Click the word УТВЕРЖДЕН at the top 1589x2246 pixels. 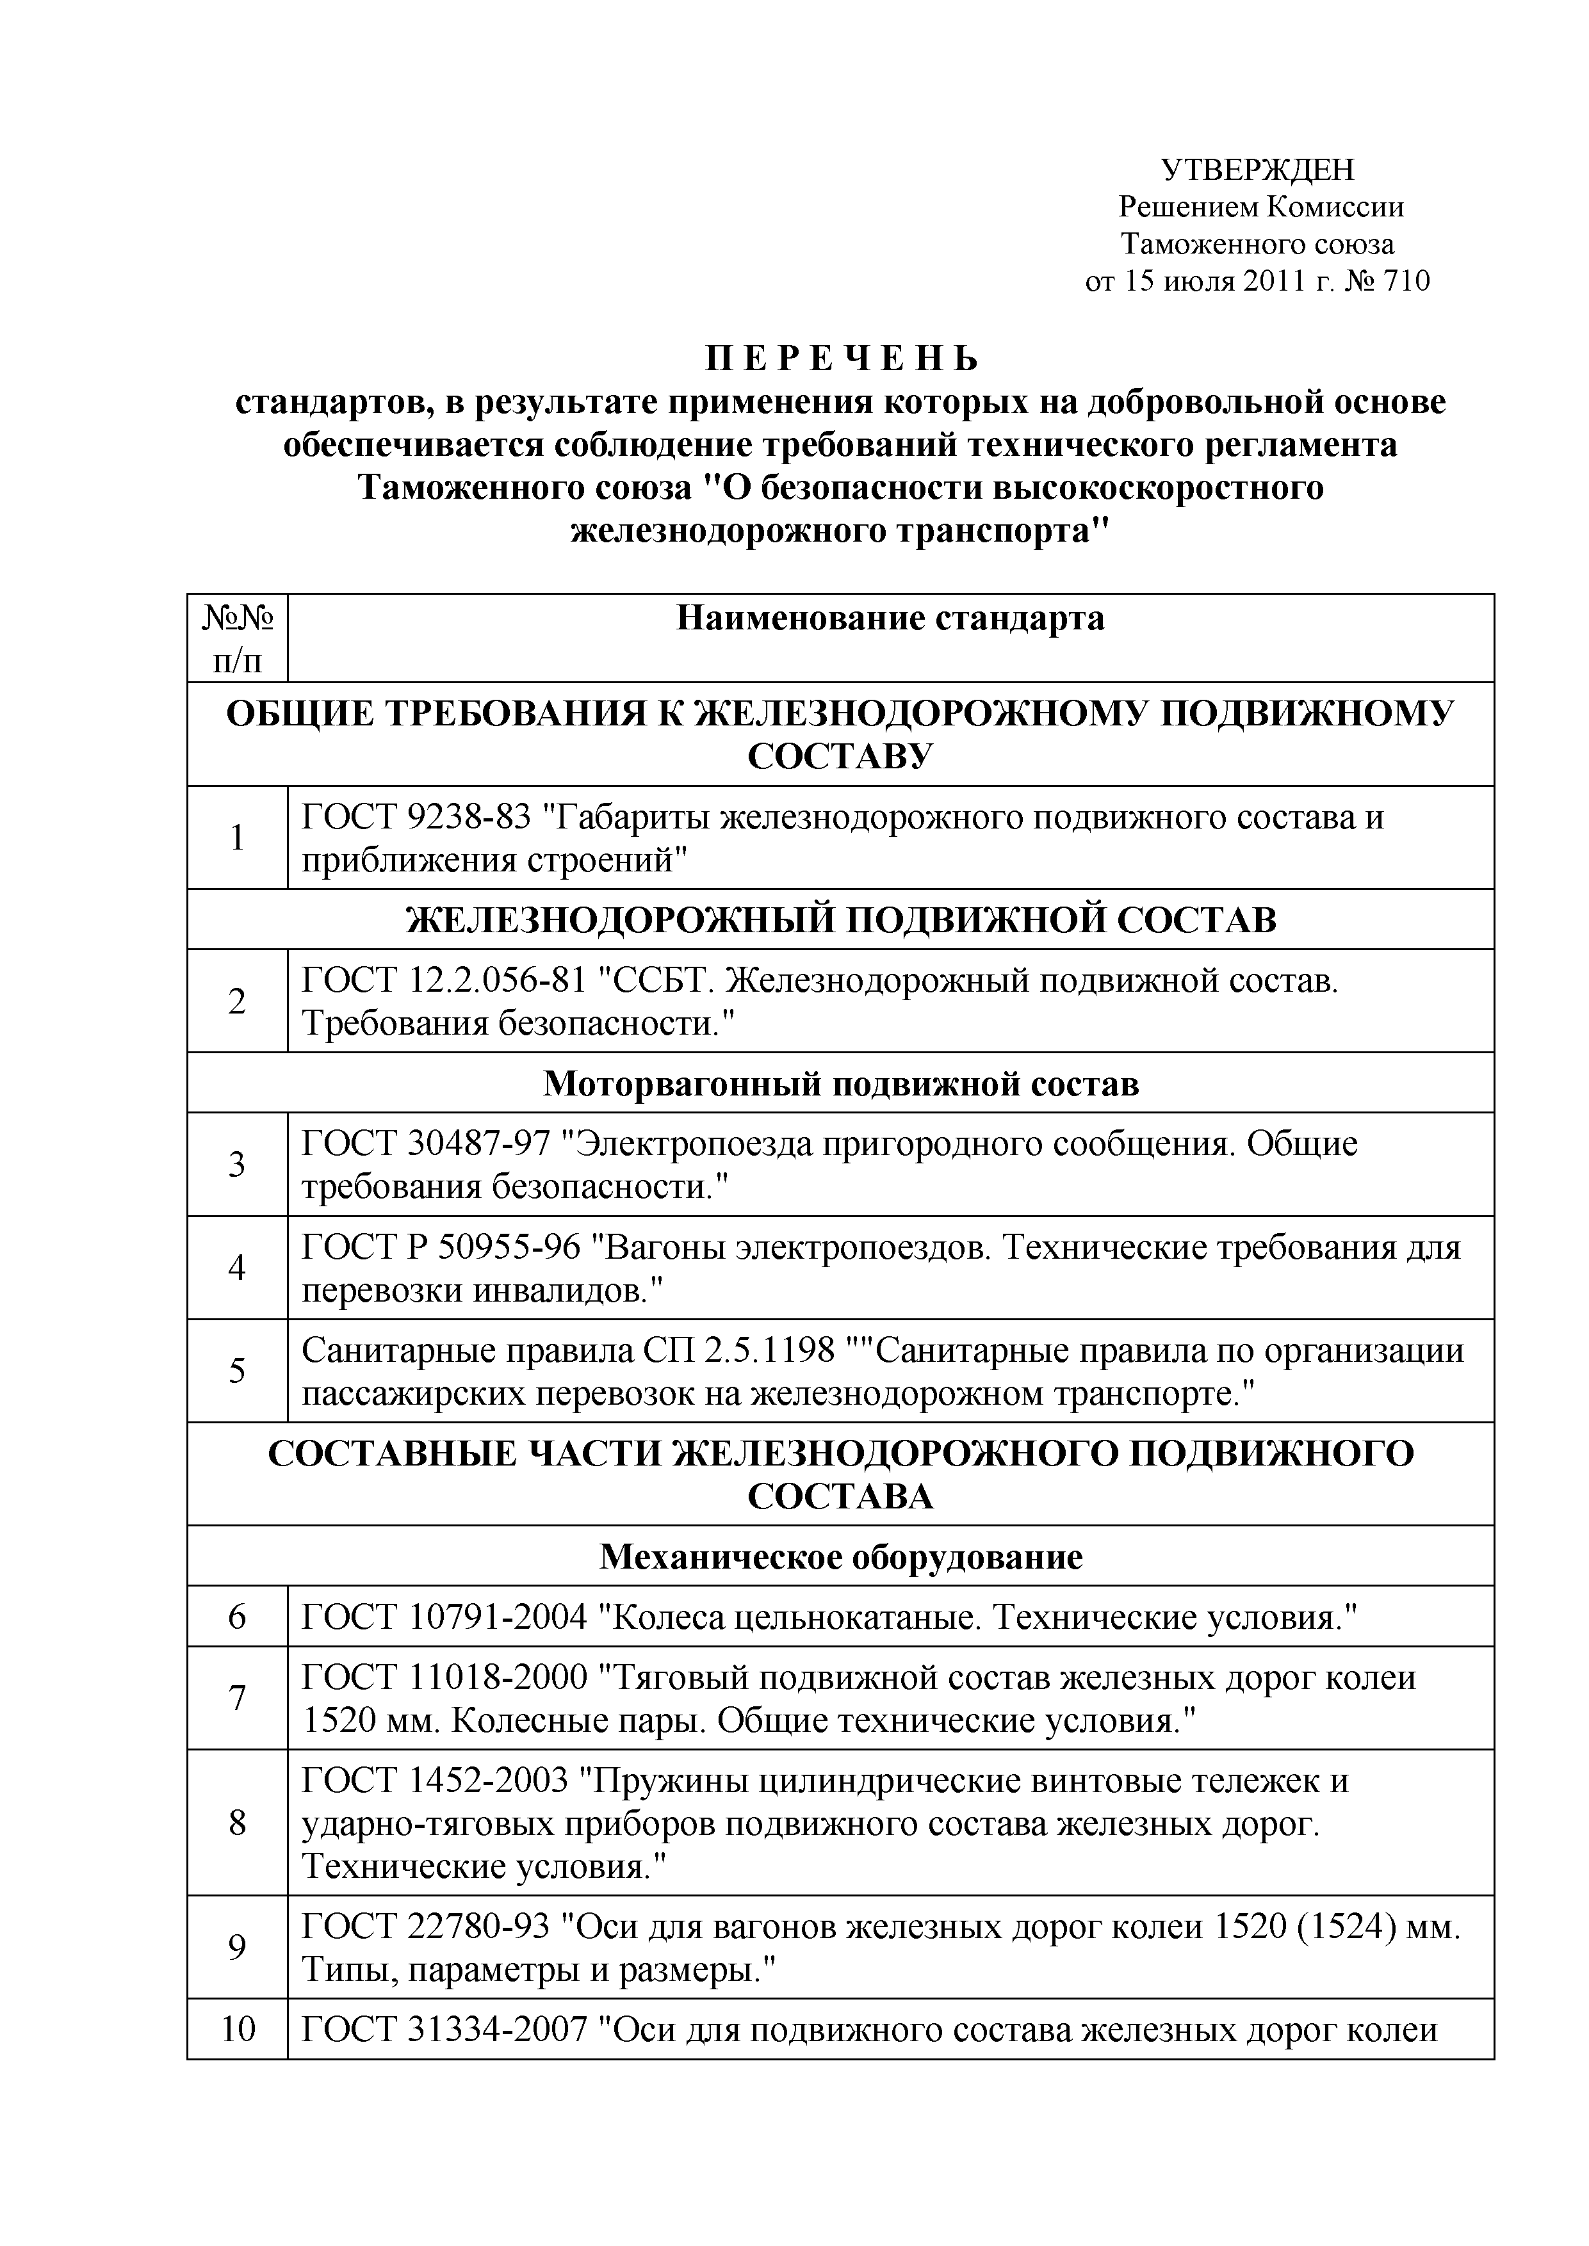(1257, 170)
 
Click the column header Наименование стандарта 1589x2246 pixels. (890, 618)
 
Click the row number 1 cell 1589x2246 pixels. (238, 838)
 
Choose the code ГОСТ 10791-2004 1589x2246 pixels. (444, 1617)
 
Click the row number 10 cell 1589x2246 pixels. (238, 2030)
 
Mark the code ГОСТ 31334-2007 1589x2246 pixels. (444, 2030)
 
